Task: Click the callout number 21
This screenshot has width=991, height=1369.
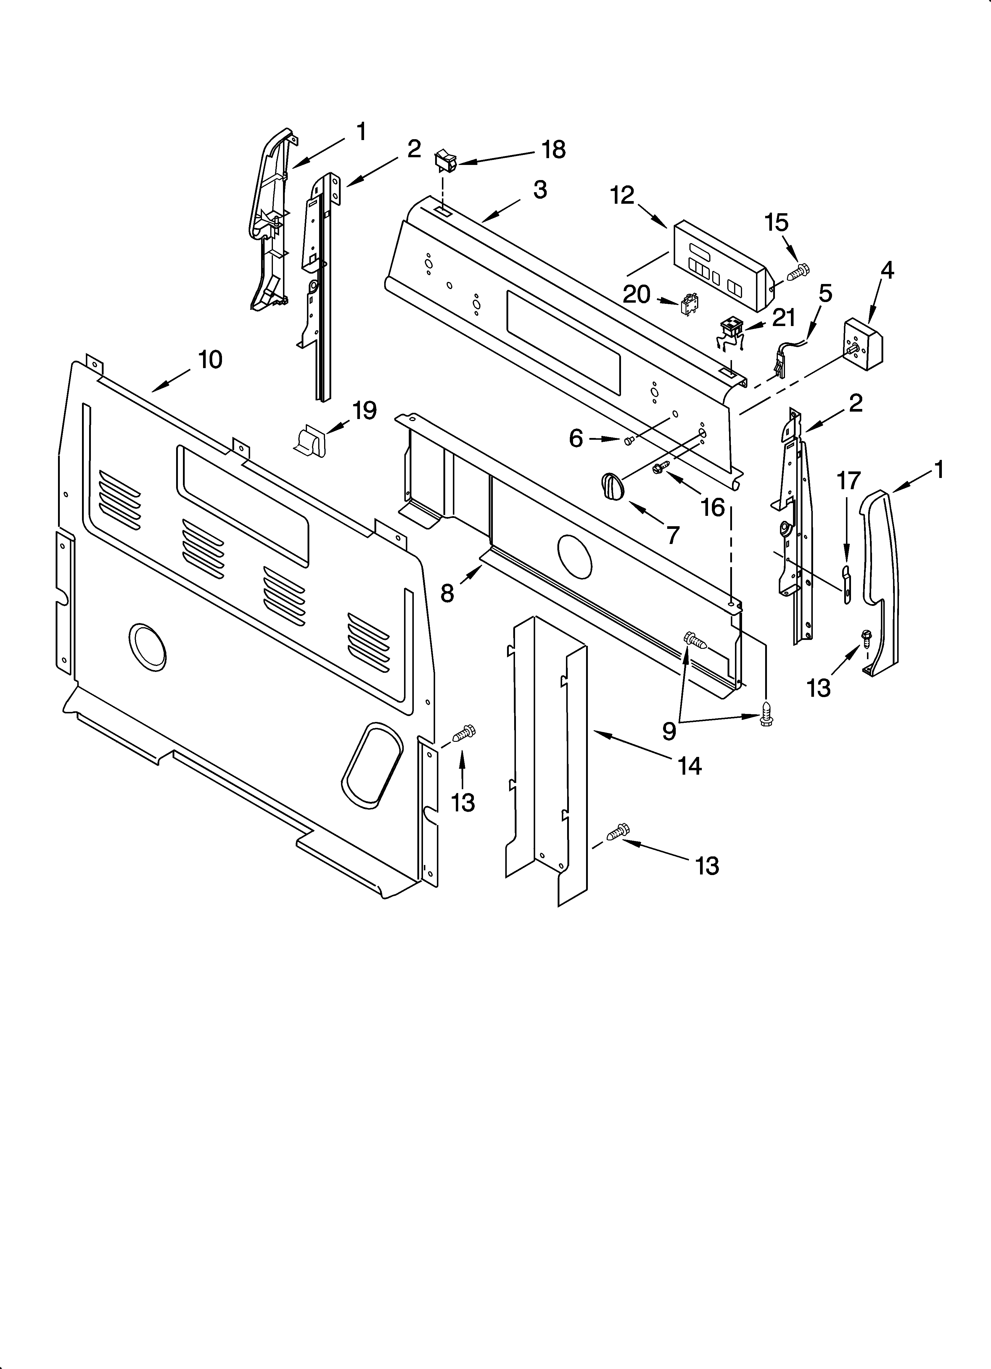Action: tap(784, 318)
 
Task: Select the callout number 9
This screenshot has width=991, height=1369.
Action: tap(669, 731)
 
